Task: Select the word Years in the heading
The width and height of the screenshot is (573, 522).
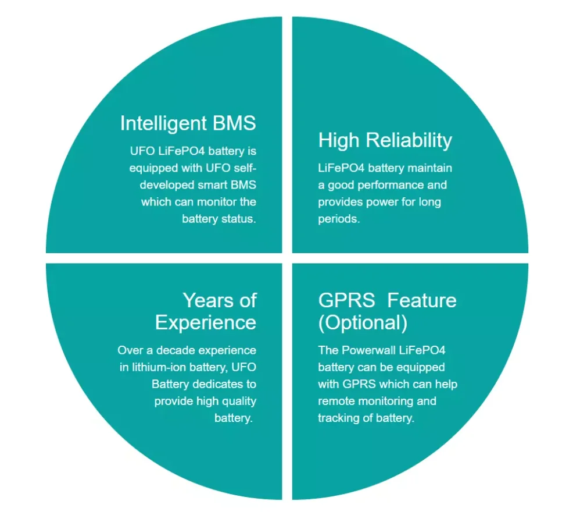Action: click(x=202, y=300)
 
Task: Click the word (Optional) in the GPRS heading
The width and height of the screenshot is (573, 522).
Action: click(x=363, y=322)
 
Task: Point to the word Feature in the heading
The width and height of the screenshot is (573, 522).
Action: click(x=421, y=300)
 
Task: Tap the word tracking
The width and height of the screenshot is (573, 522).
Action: click(x=341, y=418)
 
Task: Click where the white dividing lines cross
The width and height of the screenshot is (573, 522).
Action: click(x=287, y=258)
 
